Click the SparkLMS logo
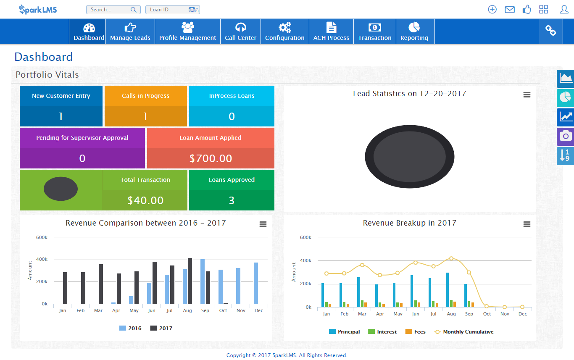click(38, 9)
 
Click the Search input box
click(110, 10)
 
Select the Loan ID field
click(167, 10)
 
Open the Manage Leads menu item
click(130, 32)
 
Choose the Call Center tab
click(240, 32)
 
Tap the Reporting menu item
click(414, 32)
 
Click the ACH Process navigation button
click(331, 32)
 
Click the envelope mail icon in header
click(510, 9)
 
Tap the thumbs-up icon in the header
click(527, 9)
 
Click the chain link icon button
click(550, 30)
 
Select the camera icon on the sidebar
click(566, 136)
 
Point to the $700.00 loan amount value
click(211, 158)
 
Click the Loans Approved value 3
click(232, 200)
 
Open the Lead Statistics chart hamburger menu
click(527, 95)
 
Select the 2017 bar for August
click(190, 281)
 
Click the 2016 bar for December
click(256, 283)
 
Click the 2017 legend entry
click(161, 328)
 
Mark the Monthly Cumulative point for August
click(451, 259)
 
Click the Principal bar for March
click(358, 292)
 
